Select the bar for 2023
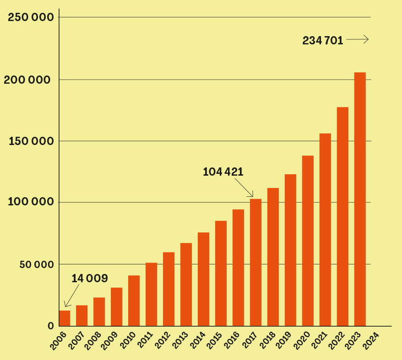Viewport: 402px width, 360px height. click(x=360, y=199)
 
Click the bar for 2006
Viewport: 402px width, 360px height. click(x=65, y=318)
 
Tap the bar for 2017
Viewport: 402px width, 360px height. click(x=255, y=262)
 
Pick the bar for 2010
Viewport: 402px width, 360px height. click(x=134, y=301)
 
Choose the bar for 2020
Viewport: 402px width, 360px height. click(x=308, y=241)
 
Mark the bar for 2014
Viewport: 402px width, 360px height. click(x=203, y=279)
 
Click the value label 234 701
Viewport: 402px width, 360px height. click(x=323, y=40)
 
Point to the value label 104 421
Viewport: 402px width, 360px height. click(x=223, y=172)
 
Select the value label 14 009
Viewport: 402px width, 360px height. click(x=90, y=278)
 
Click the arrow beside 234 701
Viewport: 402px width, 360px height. click(x=358, y=40)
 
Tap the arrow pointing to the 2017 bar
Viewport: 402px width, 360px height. click(x=244, y=188)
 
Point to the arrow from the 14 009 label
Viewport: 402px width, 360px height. click(x=73, y=295)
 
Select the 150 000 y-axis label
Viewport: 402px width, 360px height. click(x=31, y=141)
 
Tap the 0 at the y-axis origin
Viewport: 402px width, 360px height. click(x=51, y=326)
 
